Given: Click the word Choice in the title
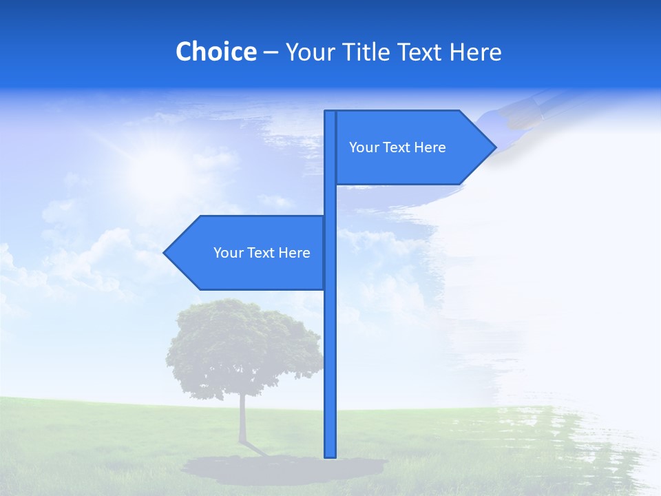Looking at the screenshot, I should click(216, 52).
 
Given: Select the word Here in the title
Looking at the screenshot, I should click(475, 52).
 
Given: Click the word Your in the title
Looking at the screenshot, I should click(311, 52).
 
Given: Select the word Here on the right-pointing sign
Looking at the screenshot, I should click(430, 147).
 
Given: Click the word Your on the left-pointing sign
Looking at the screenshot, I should click(228, 253).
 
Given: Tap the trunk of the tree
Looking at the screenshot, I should click(242, 420).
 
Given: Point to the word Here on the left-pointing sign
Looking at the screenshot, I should click(294, 253).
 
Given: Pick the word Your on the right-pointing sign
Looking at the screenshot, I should click(364, 147).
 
